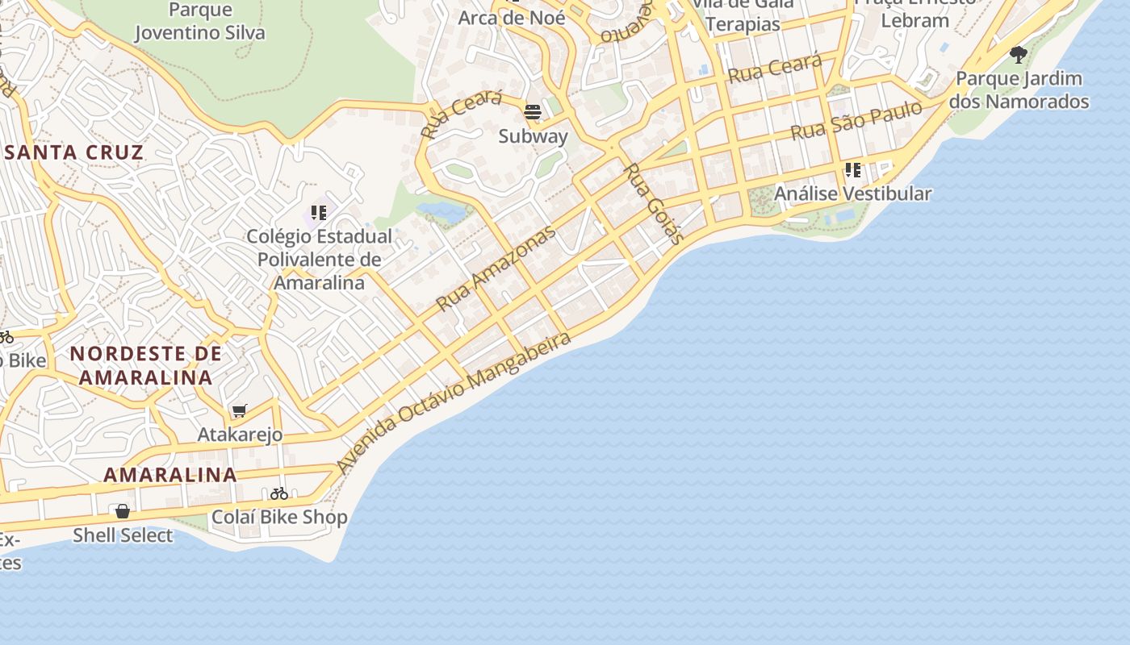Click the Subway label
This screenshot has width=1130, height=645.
[x=533, y=135]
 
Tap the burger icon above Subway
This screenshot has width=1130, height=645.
[x=533, y=112]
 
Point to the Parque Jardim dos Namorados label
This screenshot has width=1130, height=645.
[x=1019, y=90]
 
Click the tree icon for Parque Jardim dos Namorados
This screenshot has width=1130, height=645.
[x=1019, y=55]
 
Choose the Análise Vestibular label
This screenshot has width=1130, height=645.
[x=852, y=193]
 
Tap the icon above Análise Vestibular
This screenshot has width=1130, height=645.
[x=852, y=170]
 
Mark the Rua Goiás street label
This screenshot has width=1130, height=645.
[x=655, y=203]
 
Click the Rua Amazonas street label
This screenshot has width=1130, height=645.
[x=496, y=268]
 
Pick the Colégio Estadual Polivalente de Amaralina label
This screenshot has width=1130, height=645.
[x=319, y=260]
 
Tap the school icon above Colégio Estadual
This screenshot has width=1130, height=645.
[x=319, y=213]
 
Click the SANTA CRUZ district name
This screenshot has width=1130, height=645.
[x=73, y=152]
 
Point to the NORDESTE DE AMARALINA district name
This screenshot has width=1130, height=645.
[x=145, y=365]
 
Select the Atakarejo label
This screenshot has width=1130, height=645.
[x=240, y=435]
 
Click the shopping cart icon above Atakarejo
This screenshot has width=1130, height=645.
[x=239, y=411]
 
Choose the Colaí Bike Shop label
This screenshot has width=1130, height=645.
[x=279, y=517]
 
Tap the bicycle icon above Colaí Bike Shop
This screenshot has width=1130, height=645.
[x=279, y=493]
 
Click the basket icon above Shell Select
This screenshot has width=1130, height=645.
[x=123, y=511]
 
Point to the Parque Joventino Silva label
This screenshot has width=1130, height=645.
[x=200, y=22]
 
